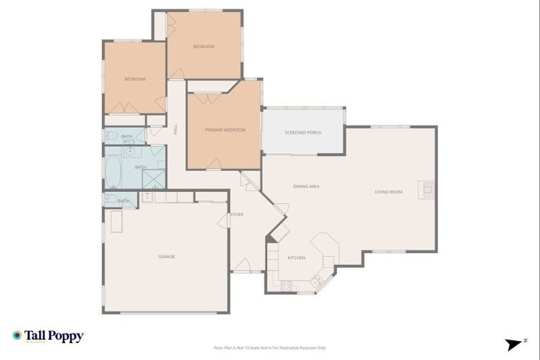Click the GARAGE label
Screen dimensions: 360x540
pos(167,257)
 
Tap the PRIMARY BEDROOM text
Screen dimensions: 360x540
pos(225,130)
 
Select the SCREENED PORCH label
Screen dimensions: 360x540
pos(303,132)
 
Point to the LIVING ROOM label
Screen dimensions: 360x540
pos(388,192)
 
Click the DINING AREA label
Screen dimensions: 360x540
pos(307,186)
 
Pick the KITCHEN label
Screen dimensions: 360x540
pos(297,258)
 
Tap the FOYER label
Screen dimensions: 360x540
pos(237,214)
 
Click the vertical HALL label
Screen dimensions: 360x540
pos(175,129)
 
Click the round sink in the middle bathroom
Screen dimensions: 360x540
pos(131,150)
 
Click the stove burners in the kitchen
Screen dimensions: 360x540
pos(287,285)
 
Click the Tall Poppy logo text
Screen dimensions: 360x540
pos(54,336)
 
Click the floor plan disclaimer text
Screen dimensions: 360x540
pos(269,347)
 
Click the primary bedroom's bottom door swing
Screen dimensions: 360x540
pos(214,165)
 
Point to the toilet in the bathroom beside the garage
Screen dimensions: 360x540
pos(110,200)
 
